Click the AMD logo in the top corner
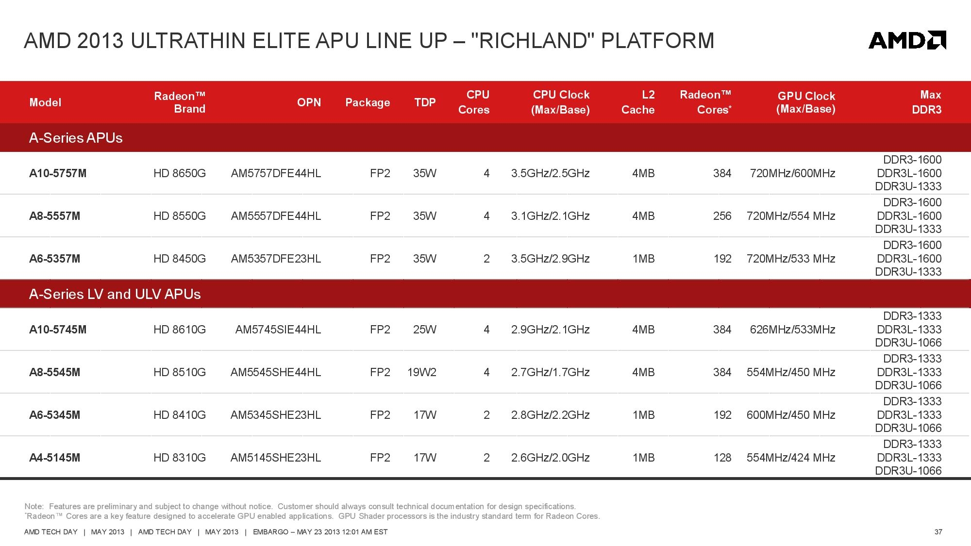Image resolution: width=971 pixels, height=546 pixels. click(x=907, y=40)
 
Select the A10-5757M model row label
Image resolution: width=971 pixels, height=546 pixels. click(x=58, y=173)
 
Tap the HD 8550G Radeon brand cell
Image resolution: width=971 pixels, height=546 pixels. click(x=180, y=216)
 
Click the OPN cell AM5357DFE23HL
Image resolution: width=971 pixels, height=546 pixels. click(x=276, y=259)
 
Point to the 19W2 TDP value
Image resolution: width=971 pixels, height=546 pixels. click(x=422, y=372)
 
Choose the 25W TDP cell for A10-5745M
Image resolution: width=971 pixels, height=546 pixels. click(x=425, y=330)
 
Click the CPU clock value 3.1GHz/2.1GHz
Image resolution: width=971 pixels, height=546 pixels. click(x=551, y=216)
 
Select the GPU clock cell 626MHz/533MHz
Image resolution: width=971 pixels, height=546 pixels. click(x=792, y=330)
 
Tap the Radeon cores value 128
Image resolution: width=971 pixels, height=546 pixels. click(x=722, y=458)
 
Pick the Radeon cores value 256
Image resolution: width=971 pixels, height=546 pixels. click(x=722, y=216)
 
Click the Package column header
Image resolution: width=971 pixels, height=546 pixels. click(x=368, y=102)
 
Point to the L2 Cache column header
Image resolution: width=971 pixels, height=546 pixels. click(x=638, y=102)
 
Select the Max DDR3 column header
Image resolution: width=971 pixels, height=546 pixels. click(x=926, y=102)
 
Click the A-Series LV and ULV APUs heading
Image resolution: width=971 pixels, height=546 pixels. click(x=115, y=294)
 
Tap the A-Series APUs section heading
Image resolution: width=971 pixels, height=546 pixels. click(x=76, y=138)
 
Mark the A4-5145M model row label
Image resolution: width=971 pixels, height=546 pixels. click(x=55, y=458)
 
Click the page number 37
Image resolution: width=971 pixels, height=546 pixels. click(x=938, y=532)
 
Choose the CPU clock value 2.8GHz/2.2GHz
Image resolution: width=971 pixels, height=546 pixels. click(x=551, y=415)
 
